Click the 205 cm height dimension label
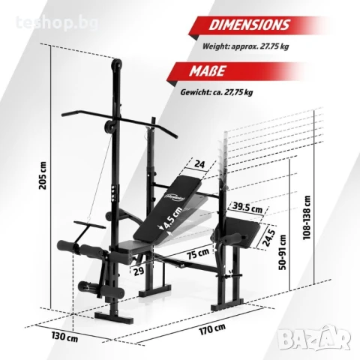click(43, 175)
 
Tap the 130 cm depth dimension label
click(64, 337)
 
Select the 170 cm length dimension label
click(212, 329)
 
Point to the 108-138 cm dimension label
click(307, 217)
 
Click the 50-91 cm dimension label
click(283, 252)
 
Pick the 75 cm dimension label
click(199, 253)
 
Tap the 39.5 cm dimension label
click(247, 207)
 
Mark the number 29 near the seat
click(139, 271)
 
